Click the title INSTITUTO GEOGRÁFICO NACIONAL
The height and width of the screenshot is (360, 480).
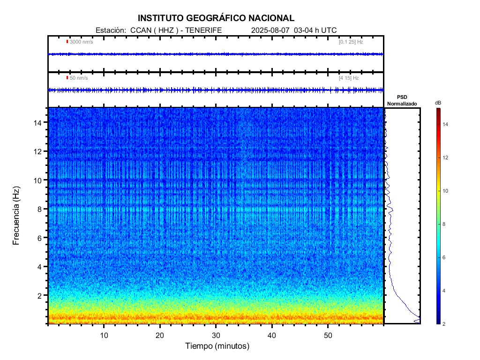[x=216, y=18]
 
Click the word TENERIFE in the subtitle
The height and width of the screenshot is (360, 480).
[x=204, y=30]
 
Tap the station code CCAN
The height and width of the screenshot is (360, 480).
[x=140, y=30]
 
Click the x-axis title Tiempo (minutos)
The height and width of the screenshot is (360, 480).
[x=216, y=346]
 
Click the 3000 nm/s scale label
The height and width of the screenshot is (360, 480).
[x=81, y=42]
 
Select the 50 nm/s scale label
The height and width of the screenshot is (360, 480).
[x=78, y=78]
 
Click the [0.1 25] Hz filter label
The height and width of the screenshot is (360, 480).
[x=351, y=42]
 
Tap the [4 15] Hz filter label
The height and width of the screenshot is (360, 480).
[x=349, y=78]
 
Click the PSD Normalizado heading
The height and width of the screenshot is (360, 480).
[x=402, y=100]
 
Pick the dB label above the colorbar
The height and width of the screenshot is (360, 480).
[x=437, y=103]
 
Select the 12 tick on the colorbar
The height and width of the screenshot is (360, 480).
[x=446, y=157]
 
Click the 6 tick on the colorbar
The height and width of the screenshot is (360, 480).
[x=445, y=258]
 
